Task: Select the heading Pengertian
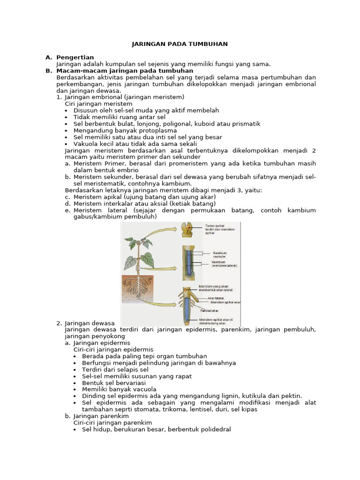click(x=75, y=57)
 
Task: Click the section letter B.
click(x=48, y=70)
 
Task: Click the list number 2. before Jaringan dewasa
click(x=59, y=323)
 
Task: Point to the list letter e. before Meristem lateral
click(x=67, y=210)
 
